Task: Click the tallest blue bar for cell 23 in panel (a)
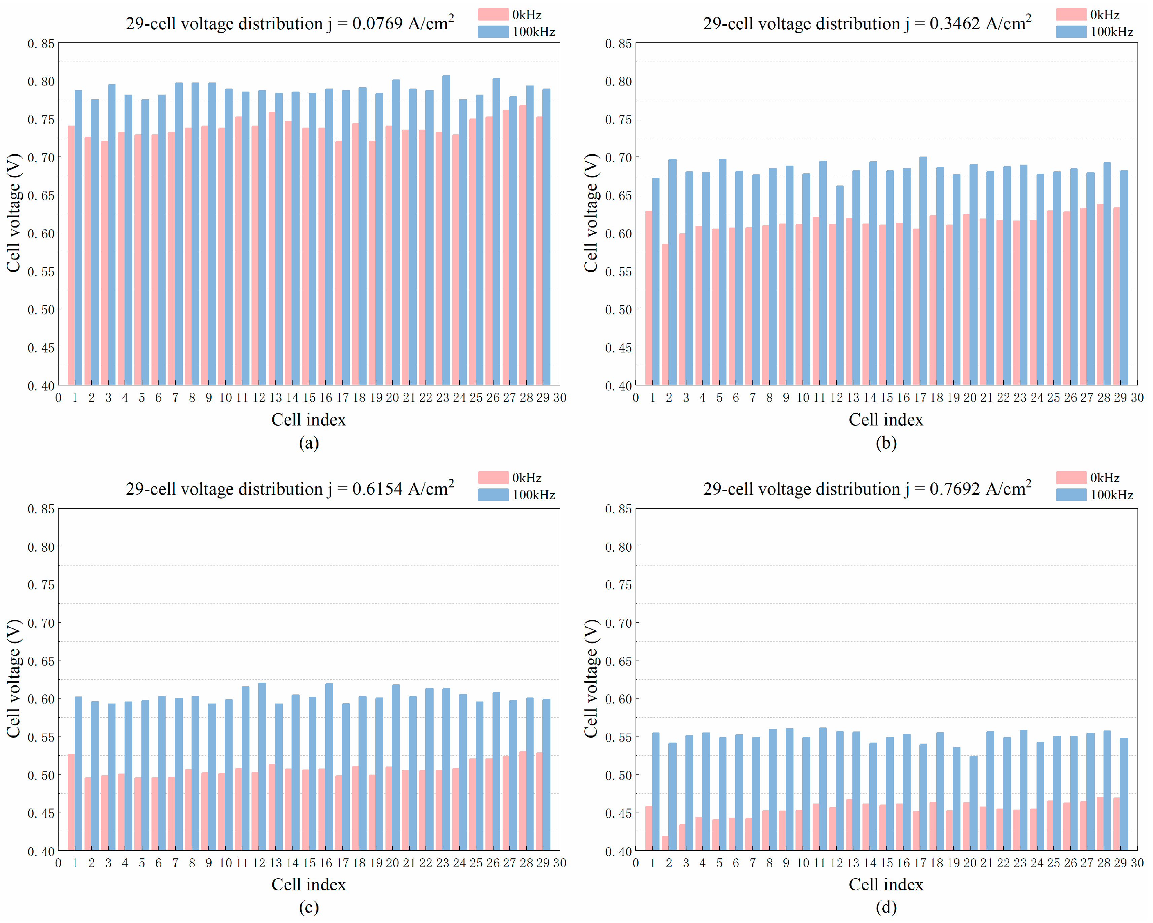446,230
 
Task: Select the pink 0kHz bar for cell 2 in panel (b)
665,314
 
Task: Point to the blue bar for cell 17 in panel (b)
923,270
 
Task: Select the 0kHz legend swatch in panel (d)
1071,478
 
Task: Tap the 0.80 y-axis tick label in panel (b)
618,81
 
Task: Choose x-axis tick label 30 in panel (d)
1137,863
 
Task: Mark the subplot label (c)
309,908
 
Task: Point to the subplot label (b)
886,443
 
